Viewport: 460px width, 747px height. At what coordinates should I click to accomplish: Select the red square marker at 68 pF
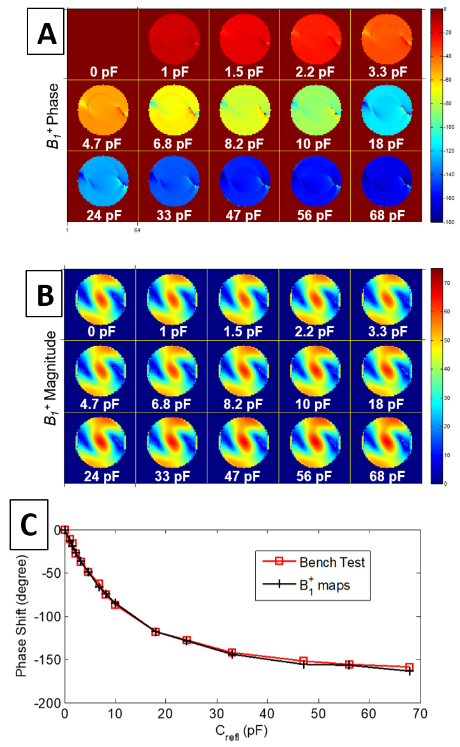click(x=409, y=667)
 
